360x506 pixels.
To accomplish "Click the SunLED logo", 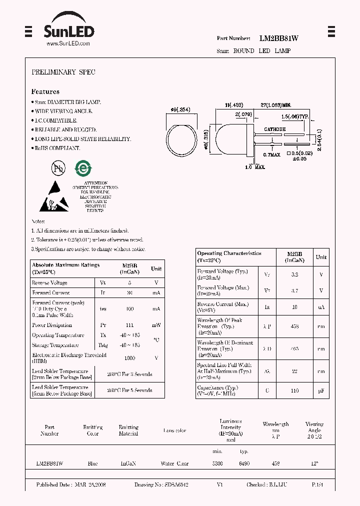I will [x=68, y=30].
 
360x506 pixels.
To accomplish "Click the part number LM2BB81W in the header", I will [x=279, y=38].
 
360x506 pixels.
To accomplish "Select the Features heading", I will [x=45, y=92].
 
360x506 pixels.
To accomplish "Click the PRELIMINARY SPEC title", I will [x=63, y=72].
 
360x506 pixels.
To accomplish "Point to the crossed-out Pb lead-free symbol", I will [x=58, y=168].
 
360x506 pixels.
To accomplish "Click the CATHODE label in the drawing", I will [x=274, y=129].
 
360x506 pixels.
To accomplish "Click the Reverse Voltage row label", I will [x=50, y=282].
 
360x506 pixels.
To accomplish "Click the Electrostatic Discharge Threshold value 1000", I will [x=130, y=358].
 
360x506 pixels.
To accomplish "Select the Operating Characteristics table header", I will [x=229, y=257].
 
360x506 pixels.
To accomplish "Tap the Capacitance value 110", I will [x=295, y=390].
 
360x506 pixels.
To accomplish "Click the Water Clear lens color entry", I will [x=174, y=463].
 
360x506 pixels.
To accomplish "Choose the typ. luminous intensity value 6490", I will [x=244, y=463].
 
